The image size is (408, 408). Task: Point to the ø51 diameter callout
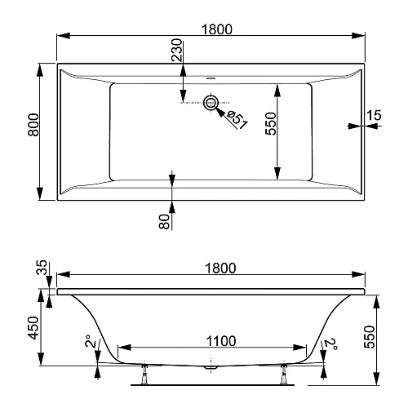[x=236, y=118]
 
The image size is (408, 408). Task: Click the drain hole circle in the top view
[x=211, y=103]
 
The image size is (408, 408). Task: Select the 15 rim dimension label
[x=374, y=116]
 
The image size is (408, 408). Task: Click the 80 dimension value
[x=163, y=220]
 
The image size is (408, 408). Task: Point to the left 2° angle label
[x=88, y=344]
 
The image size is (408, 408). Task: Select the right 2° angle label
[x=329, y=344]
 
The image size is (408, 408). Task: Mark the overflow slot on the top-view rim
[x=211, y=79]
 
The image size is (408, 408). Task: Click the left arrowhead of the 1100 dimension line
[x=122, y=348]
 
